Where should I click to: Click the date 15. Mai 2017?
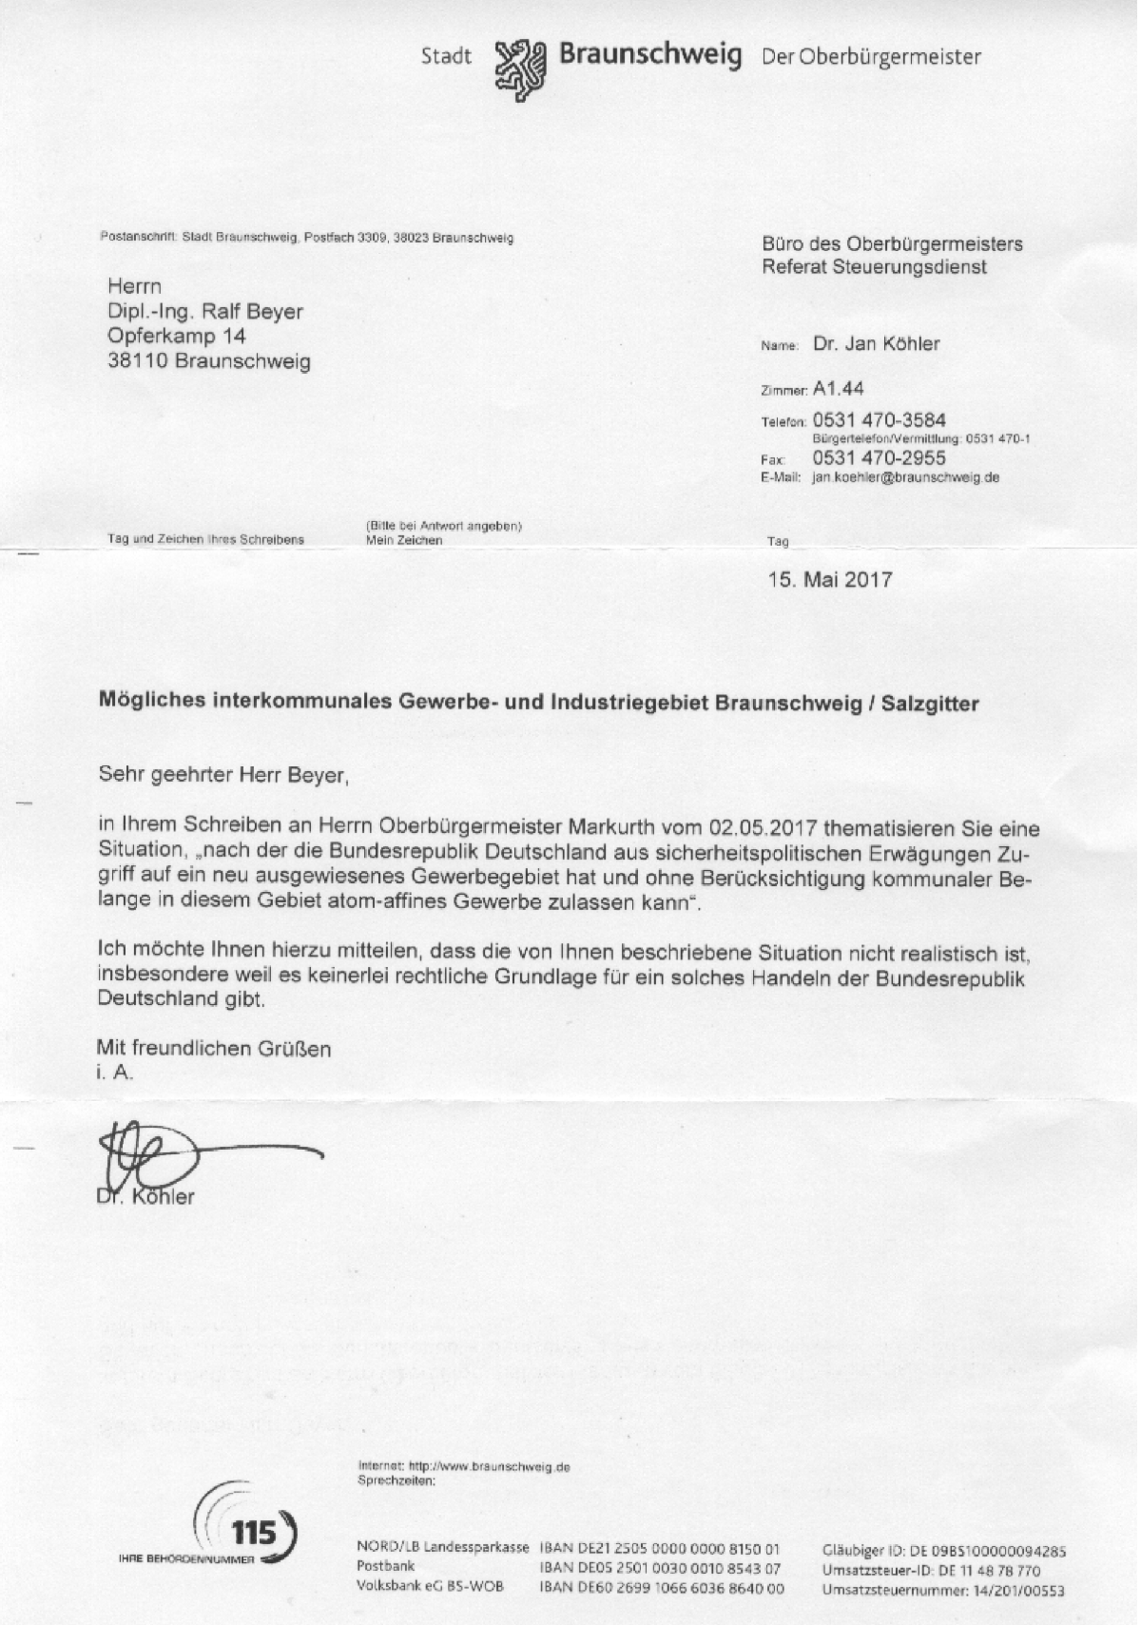(829, 579)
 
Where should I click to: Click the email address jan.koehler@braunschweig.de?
(905, 478)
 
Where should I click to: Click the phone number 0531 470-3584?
(879, 420)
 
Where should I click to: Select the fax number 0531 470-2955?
(879, 458)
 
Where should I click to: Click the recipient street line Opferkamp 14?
(176, 336)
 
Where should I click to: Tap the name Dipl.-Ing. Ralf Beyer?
(204, 311)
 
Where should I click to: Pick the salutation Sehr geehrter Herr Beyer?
(224, 776)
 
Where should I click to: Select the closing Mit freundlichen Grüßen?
(214, 1049)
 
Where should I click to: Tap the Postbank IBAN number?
(660, 1568)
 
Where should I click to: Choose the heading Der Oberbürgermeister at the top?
(871, 57)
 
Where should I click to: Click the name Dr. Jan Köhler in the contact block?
(876, 344)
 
